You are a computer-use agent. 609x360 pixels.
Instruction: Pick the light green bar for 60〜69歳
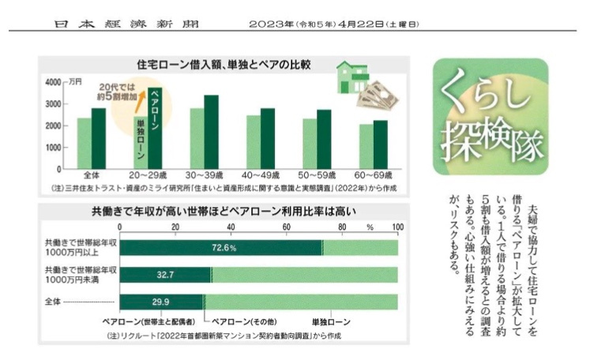coord(366,146)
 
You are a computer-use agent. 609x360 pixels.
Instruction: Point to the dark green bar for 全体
coord(99,138)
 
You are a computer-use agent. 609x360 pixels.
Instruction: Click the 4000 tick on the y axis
coord(51,82)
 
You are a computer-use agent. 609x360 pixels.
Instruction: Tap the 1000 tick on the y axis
coord(51,148)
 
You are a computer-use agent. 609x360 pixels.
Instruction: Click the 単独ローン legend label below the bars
coord(329,322)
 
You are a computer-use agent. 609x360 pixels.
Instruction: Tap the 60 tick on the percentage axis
coord(288,227)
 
